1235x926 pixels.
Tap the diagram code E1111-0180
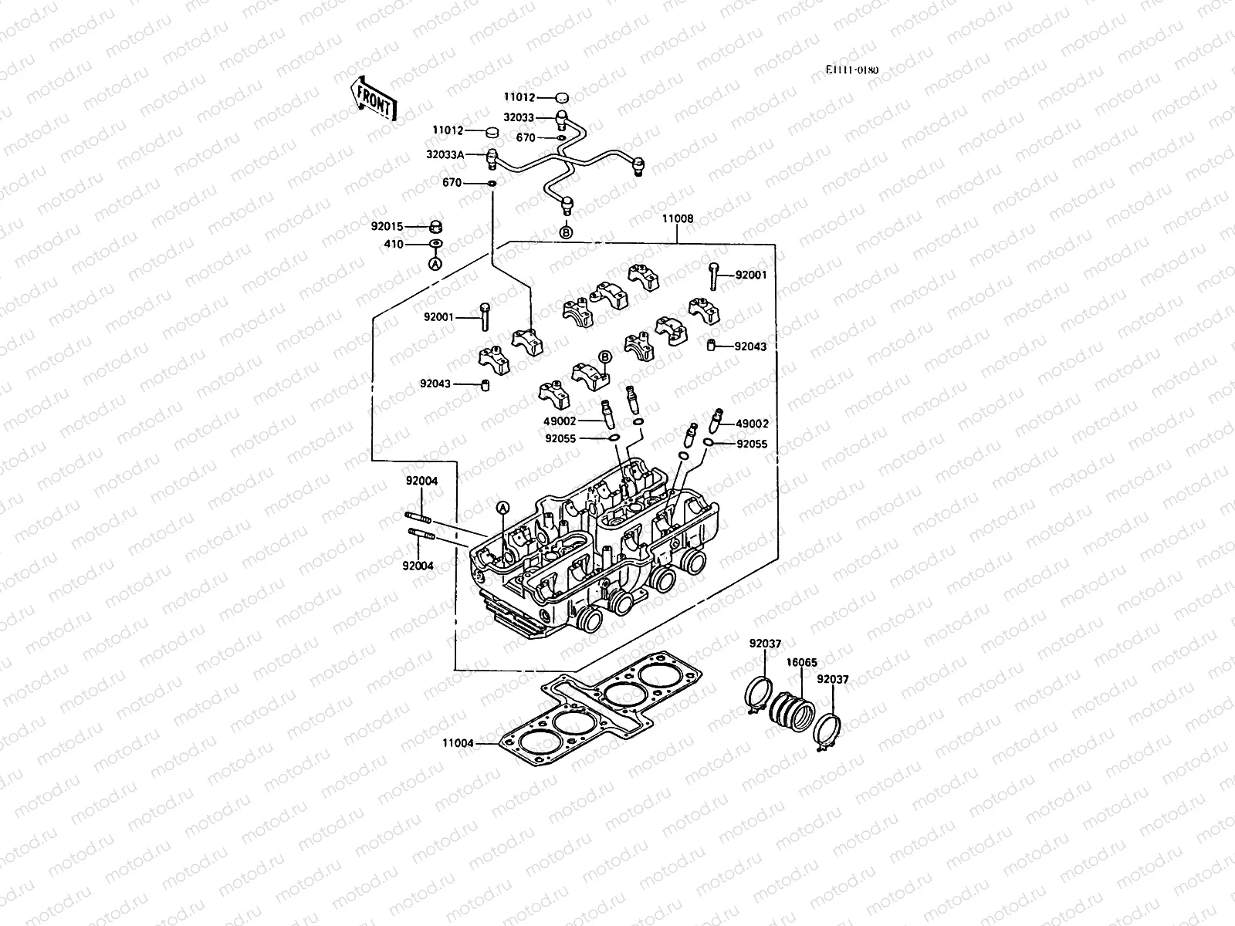(x=851, y=70)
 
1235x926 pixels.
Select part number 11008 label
(x=677, y=219)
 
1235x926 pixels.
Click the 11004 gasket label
(x=458, y=744)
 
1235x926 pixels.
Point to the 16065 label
(x=801, y=662)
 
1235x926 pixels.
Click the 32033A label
(x=445, y=154)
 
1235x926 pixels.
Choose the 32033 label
(x=519, y=118)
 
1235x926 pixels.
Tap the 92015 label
(x=387, y=227)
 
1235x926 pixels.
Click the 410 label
(x=394, y=245)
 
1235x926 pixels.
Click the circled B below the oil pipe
(x=566, y=231)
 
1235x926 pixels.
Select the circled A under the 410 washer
(x=435, y=264)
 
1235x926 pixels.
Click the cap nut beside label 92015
(x=435, y=227)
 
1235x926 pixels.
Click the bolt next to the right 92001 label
(x=713, y=275)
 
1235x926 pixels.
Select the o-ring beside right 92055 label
(x=708, y=443)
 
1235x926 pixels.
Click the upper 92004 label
(x=422, y=481)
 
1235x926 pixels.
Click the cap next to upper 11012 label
(x=562, y=98)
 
